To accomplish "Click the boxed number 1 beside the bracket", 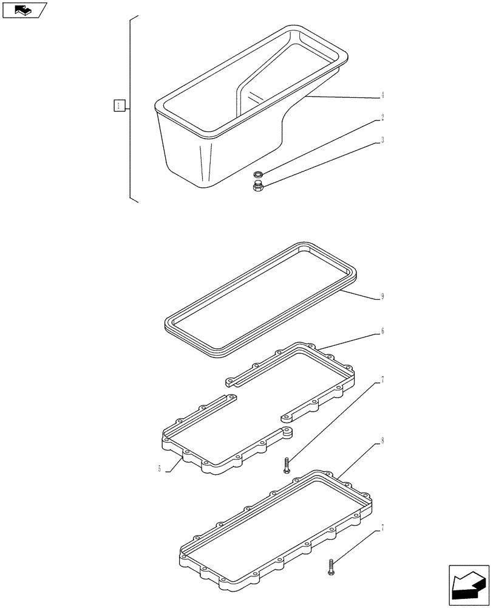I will (119, 106).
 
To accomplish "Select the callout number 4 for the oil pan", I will (382, 95).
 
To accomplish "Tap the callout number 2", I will (382, 118).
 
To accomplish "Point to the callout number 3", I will (382, 140).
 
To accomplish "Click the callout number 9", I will (382, 297).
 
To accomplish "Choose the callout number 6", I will (382, 332).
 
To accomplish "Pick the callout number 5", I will (159, 469).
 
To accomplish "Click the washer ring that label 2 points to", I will (257, 175).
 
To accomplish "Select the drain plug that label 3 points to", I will (257, 185).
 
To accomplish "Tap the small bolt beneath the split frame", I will (287, 466).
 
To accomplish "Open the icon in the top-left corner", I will (24, 10).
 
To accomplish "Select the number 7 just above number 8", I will (382, 381).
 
